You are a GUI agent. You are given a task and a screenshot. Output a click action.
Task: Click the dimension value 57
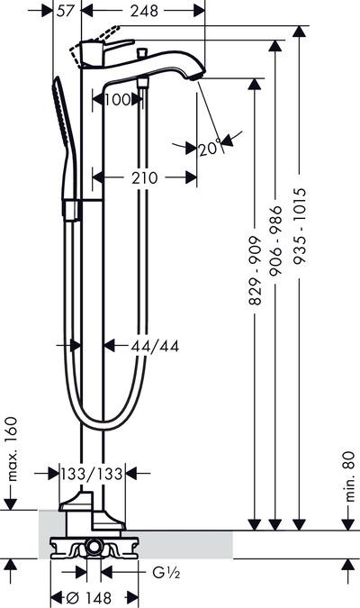pyautogui.click(x=65, y=11)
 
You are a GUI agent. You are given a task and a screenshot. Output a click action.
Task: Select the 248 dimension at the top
pyautogui.click(x=144, y=11)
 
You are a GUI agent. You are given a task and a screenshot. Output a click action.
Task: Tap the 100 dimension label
pyautogui.click(x=118, y=100)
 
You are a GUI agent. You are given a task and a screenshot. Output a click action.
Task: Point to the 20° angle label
pyautogui.click(x=211, y=149)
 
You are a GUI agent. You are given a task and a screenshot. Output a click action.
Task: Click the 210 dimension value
pyautogui.click(x=145, y=178)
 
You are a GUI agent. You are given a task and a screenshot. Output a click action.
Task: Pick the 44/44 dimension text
pyautogui.click(x=155, y=346)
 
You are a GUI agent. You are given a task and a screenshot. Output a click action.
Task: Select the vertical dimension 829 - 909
pyautogui.click(x=255, y=270)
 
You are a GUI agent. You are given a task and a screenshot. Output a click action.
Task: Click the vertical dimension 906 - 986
pyautogui.click(x=275, y=240)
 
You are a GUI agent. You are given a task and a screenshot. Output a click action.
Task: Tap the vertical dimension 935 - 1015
pyautogui.click(x=299, y=226)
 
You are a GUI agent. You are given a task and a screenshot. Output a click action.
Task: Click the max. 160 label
pyautogui.click(x=12, y=449)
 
